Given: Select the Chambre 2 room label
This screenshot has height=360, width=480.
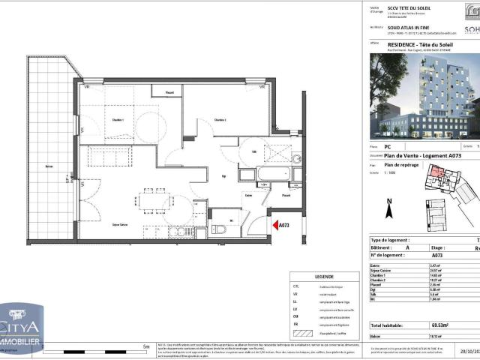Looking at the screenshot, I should (220, 120).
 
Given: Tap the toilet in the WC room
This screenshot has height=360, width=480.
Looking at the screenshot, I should (217, 229).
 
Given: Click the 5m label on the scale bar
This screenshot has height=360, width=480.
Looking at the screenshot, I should (145, 346).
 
